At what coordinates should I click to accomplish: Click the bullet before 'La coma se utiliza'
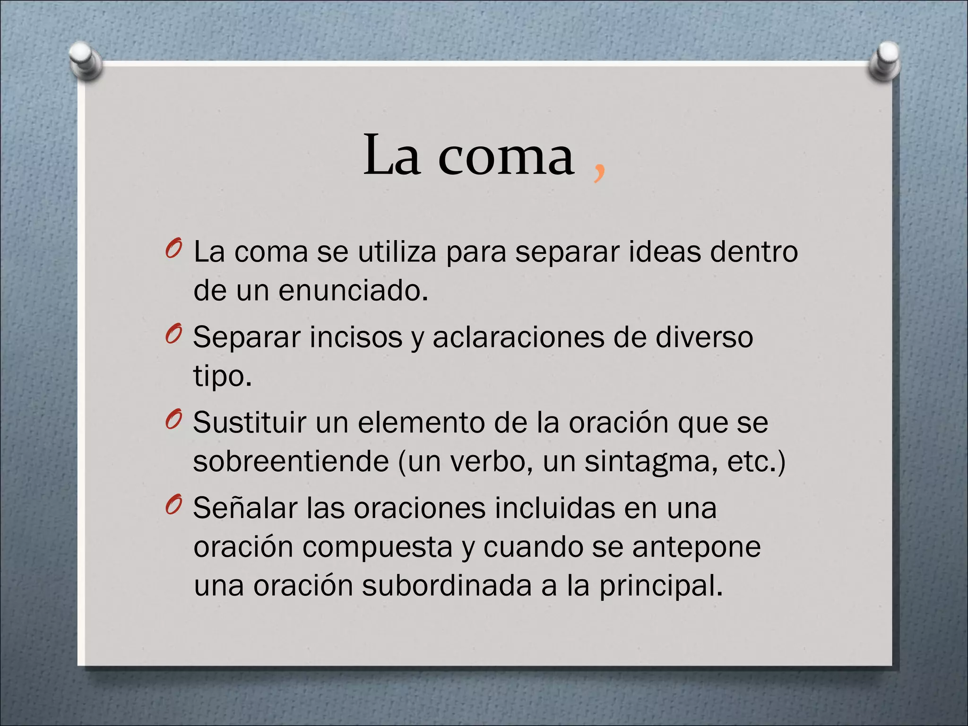pos(173,249)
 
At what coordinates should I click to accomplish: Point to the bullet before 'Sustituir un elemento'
pos(173,420)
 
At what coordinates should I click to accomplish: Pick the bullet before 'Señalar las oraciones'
pos(173,506)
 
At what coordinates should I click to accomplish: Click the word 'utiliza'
pos(397,251)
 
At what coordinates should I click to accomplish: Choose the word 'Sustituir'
pos(249,423)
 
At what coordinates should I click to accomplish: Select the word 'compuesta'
pos(377,547)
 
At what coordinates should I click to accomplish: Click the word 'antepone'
pos(696,547)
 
